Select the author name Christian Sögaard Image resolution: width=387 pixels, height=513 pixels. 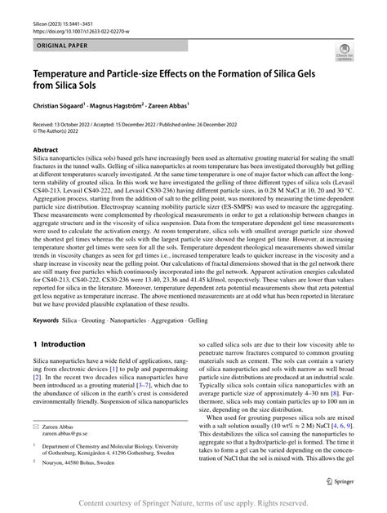pyautogui.click(x=62, y=105)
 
